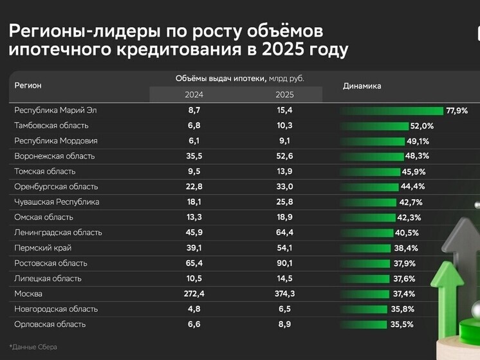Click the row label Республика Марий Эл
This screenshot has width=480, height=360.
(x=55, y=110)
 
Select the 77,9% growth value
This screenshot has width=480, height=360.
(x=456, y=111)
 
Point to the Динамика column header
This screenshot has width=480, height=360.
(x=362, y=86)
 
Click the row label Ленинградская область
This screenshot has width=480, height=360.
(x=58, y=232)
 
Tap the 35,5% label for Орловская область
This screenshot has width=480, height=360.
(x=402, y=325)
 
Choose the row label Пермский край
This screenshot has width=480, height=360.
(x=42, y=248)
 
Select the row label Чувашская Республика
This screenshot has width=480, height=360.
(x=57, y=202)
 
